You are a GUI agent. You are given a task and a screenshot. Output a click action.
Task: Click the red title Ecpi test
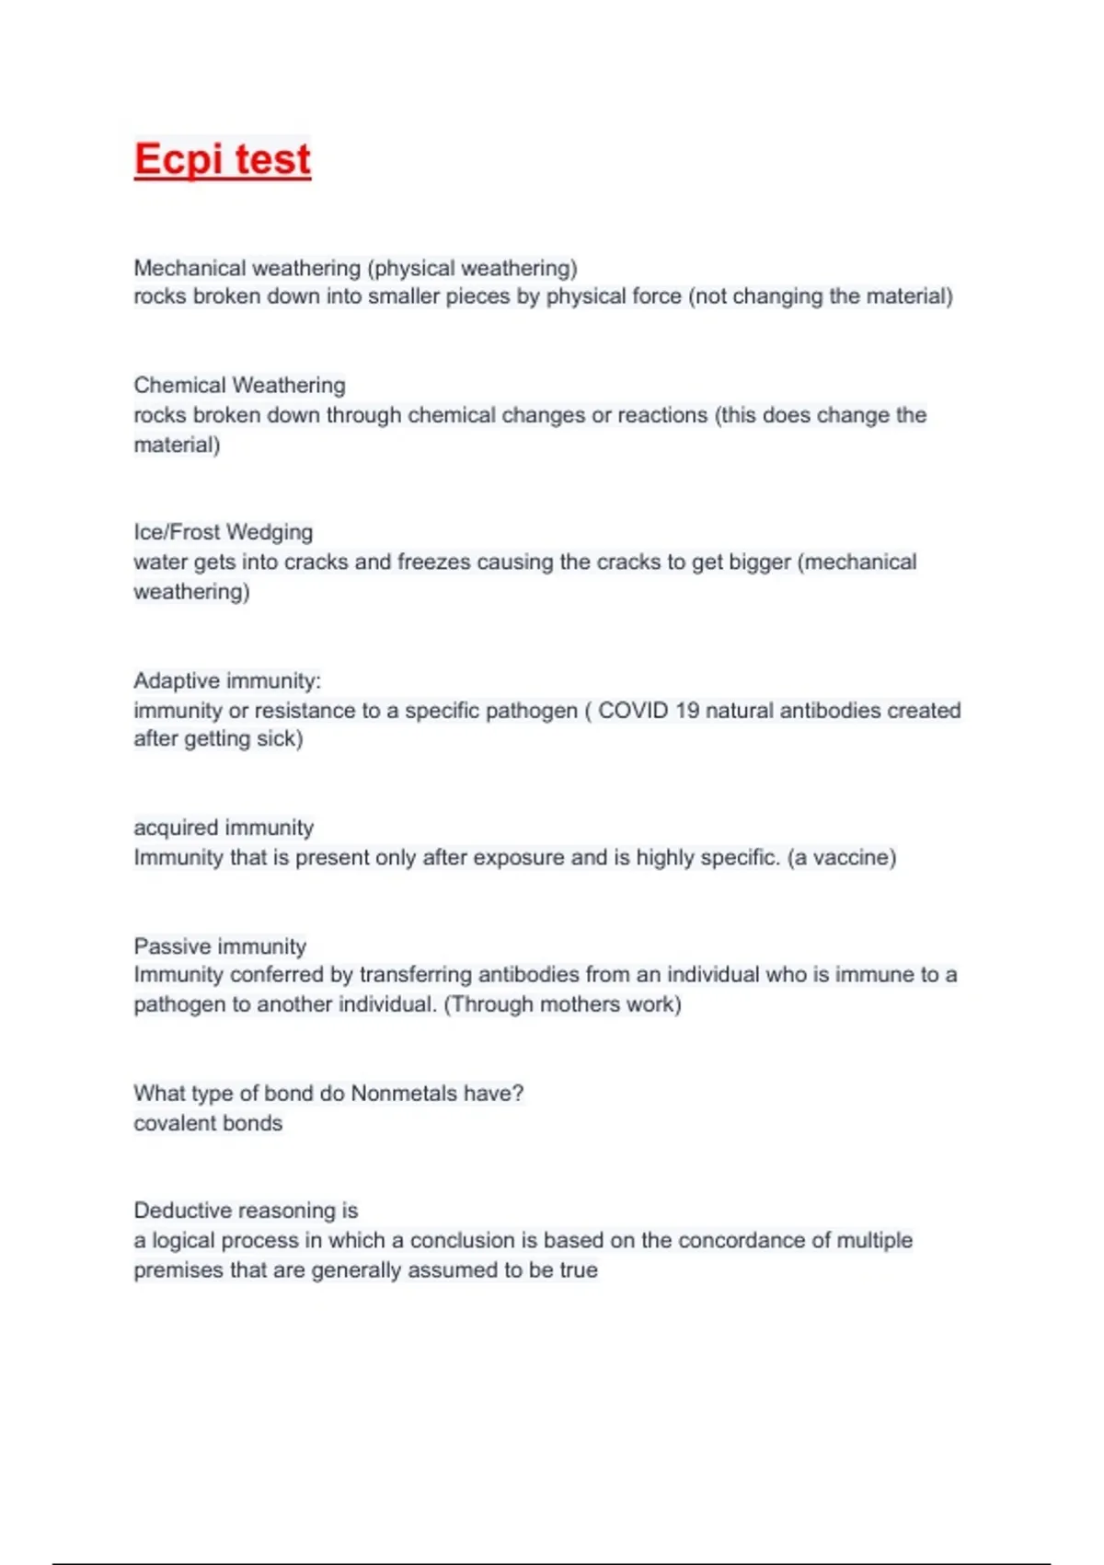pyautogui.click(x=222, y=159)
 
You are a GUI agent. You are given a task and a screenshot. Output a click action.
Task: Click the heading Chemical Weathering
pyautogui.click(x=239, y=385)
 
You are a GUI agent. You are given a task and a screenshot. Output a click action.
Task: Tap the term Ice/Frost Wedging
pyautogui.click(x=223, y=532)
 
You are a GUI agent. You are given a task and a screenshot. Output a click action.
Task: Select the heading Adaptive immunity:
pyautogui.click(x=227, y=680)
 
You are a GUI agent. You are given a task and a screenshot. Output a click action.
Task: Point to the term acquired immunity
pyautogui.click(x=224, y=828)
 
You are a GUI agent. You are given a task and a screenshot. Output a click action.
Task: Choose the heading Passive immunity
pyautogui.click(x=220, y=946)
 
